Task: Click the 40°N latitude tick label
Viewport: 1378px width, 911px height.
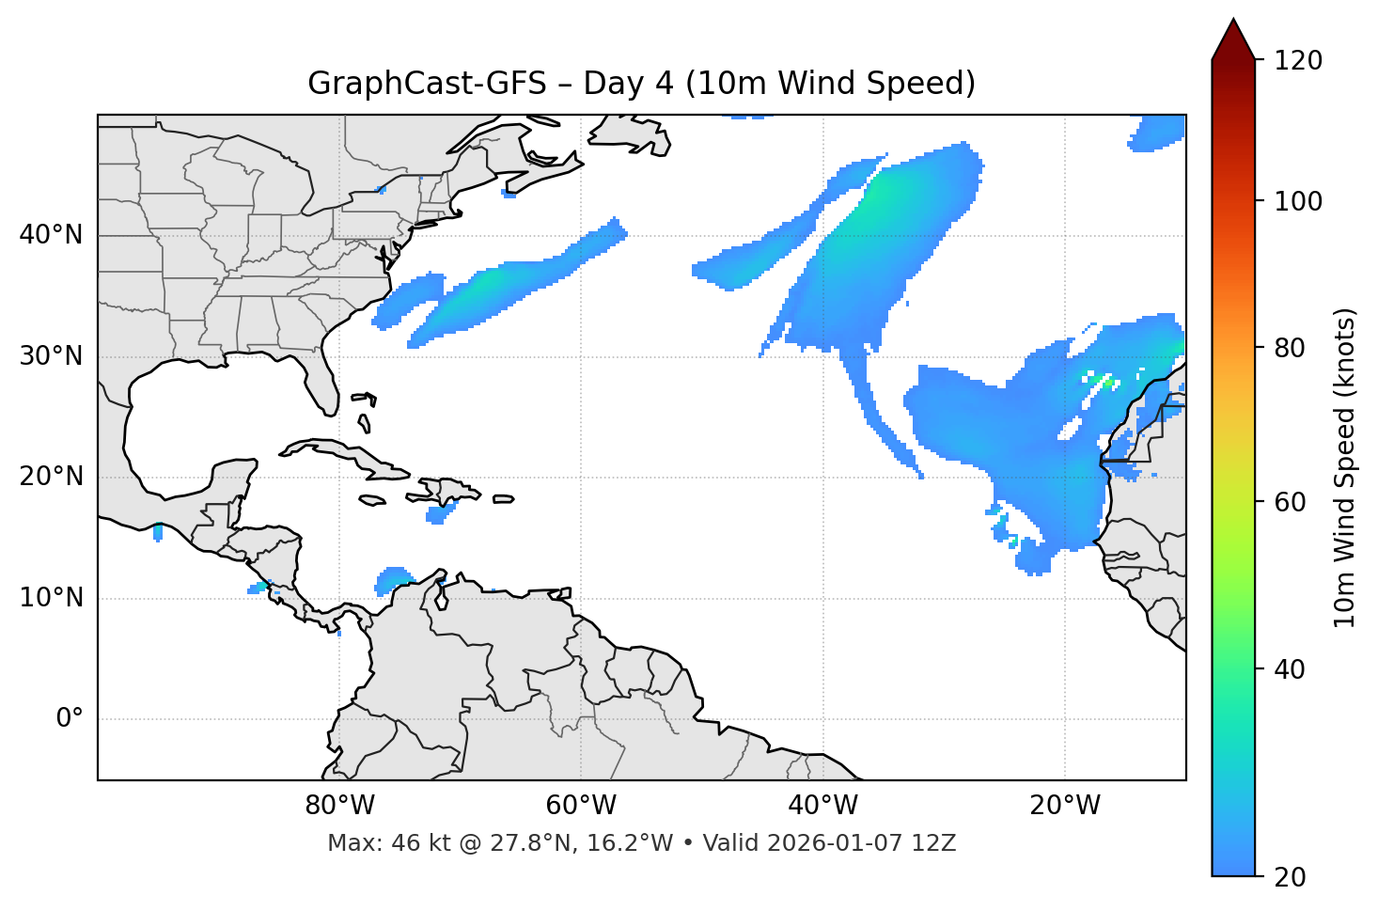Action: pos(51,235)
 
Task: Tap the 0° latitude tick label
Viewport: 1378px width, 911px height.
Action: pos(70,719)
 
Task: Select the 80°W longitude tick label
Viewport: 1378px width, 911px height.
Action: pos(339,806)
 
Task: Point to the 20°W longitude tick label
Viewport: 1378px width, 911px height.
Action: pos(1065,806)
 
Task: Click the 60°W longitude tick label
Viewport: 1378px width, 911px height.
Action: pos(581,806)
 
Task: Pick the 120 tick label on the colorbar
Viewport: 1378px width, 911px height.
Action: pos(1298,61)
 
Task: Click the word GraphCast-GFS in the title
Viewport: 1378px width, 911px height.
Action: pos(427,84)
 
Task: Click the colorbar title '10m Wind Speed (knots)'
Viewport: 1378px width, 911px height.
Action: pos(1345,468)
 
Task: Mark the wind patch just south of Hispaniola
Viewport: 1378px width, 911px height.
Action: pos(439,513)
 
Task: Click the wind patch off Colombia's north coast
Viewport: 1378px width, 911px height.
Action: pos(394,579)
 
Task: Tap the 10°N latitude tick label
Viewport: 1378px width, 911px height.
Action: pos(51,598)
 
